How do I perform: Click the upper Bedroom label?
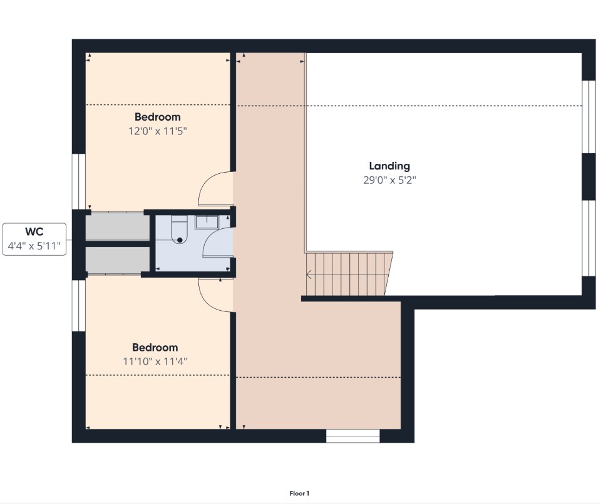click(x=158, y=117)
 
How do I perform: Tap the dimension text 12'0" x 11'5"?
click(x=158, y=131)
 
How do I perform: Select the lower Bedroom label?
click(x=155, y=348)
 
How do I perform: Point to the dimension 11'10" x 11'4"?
click(x=155, y=361)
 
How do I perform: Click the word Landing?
click(x=389, y=166)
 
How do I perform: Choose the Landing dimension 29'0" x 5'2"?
click(x=389, y=180)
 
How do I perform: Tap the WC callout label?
click(x=34, y=232)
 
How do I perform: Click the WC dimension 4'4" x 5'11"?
click(x=34, y=246)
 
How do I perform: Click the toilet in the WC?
click(x=179, y=229)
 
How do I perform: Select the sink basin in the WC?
click(x=207, y=222)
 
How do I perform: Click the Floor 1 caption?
click(x=299, y=493)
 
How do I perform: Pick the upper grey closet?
click(x=117, y=228)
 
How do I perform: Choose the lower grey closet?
click(x=117, y=260)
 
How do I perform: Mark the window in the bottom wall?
click(x=352, y=436)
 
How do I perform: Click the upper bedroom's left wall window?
click(x=79, y=181)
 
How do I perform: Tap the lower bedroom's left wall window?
click(x=79, y=306)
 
